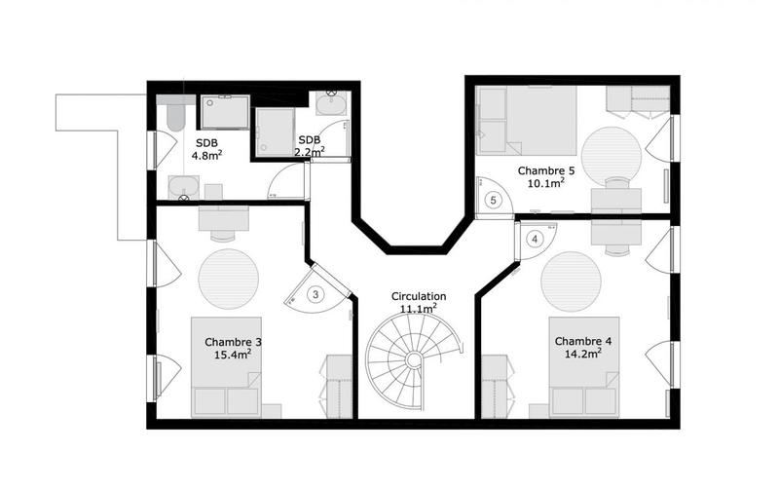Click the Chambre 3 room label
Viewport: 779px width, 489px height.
click(x=233, y=342)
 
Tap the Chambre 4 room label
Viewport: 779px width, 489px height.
click(x=583, y=341)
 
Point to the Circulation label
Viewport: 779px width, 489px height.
click(x=419, y=296)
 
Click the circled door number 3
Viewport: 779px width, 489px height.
click(x=315, y=293)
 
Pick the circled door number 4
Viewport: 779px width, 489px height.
click(x=534, y=239)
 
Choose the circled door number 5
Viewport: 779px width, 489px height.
click(x=494, y=201)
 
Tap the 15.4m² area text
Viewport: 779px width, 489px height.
click(x=234, y=355)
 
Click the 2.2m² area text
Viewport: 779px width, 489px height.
click(x=310, y=151)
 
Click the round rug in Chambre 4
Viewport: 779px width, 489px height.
click(x=572, y=281)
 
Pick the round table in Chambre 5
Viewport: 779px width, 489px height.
click(x=612, y=152)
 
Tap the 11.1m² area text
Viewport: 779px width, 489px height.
click(x=419, y=309)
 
